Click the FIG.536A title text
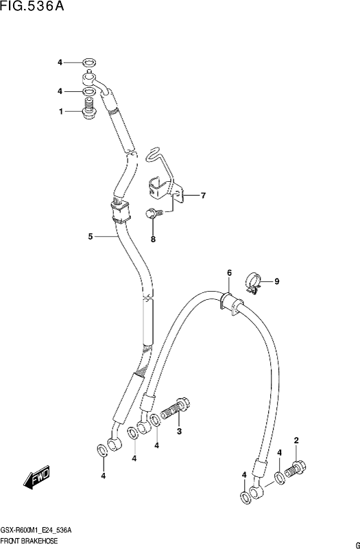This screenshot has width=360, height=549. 32,6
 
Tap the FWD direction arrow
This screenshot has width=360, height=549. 37,477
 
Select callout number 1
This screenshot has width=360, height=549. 61,112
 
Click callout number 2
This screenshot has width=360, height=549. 296,441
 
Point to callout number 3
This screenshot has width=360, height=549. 179,432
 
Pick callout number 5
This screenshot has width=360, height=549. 91,237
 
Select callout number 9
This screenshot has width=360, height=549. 277,281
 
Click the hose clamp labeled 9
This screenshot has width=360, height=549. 253,283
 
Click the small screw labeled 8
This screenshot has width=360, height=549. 154,213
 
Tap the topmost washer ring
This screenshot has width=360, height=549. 89,63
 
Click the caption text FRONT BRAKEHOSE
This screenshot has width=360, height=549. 29,541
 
